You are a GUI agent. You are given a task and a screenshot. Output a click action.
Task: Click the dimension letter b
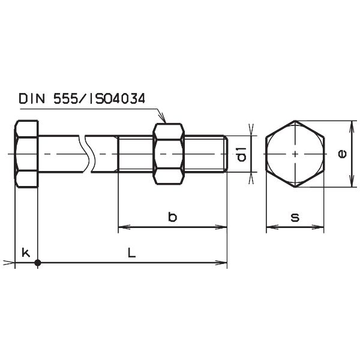(x=172, y=217)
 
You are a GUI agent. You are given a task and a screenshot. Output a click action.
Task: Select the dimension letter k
(x=25, y=253)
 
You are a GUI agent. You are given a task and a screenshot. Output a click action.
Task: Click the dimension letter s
(x=295, y=217)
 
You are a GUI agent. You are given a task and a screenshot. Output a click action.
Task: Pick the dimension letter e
(x=342, y=154)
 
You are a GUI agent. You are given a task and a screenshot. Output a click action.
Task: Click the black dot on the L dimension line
(x=38, y=262)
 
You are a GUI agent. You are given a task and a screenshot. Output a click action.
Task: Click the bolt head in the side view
(x=26, y=154)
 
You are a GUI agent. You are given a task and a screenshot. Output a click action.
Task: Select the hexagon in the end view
(x=295, y=154)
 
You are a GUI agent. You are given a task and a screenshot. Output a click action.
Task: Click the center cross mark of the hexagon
(x=295, y=154)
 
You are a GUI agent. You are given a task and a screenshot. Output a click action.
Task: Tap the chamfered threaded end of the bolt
(x=226, y=154)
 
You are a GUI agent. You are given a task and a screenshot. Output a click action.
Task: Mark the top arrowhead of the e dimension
(x=350, y=125)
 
